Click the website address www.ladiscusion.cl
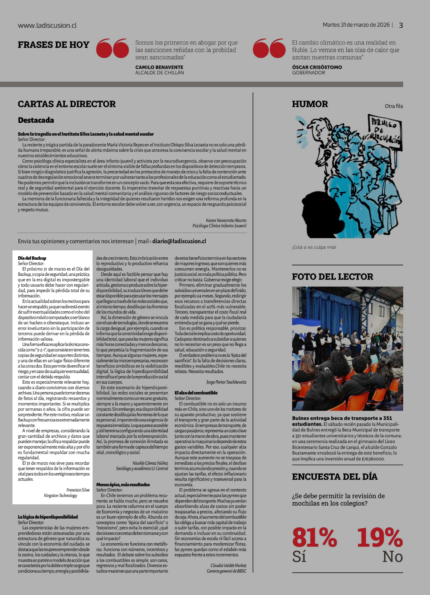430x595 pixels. click(47, 25)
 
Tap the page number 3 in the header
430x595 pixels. click(401, 25)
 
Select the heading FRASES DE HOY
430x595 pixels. click(54, 45)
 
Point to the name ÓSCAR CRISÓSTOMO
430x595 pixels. click(317, 67)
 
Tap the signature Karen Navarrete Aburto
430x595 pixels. click(226, 220)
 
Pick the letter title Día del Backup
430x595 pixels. click(32, 258)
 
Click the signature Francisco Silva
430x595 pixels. click(78, 490)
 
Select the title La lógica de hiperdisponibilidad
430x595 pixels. click(48, 517)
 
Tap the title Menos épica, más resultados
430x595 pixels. click(123, 485)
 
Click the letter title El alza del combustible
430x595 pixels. click(196, 393)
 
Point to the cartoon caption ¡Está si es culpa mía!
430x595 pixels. click(314, 247)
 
